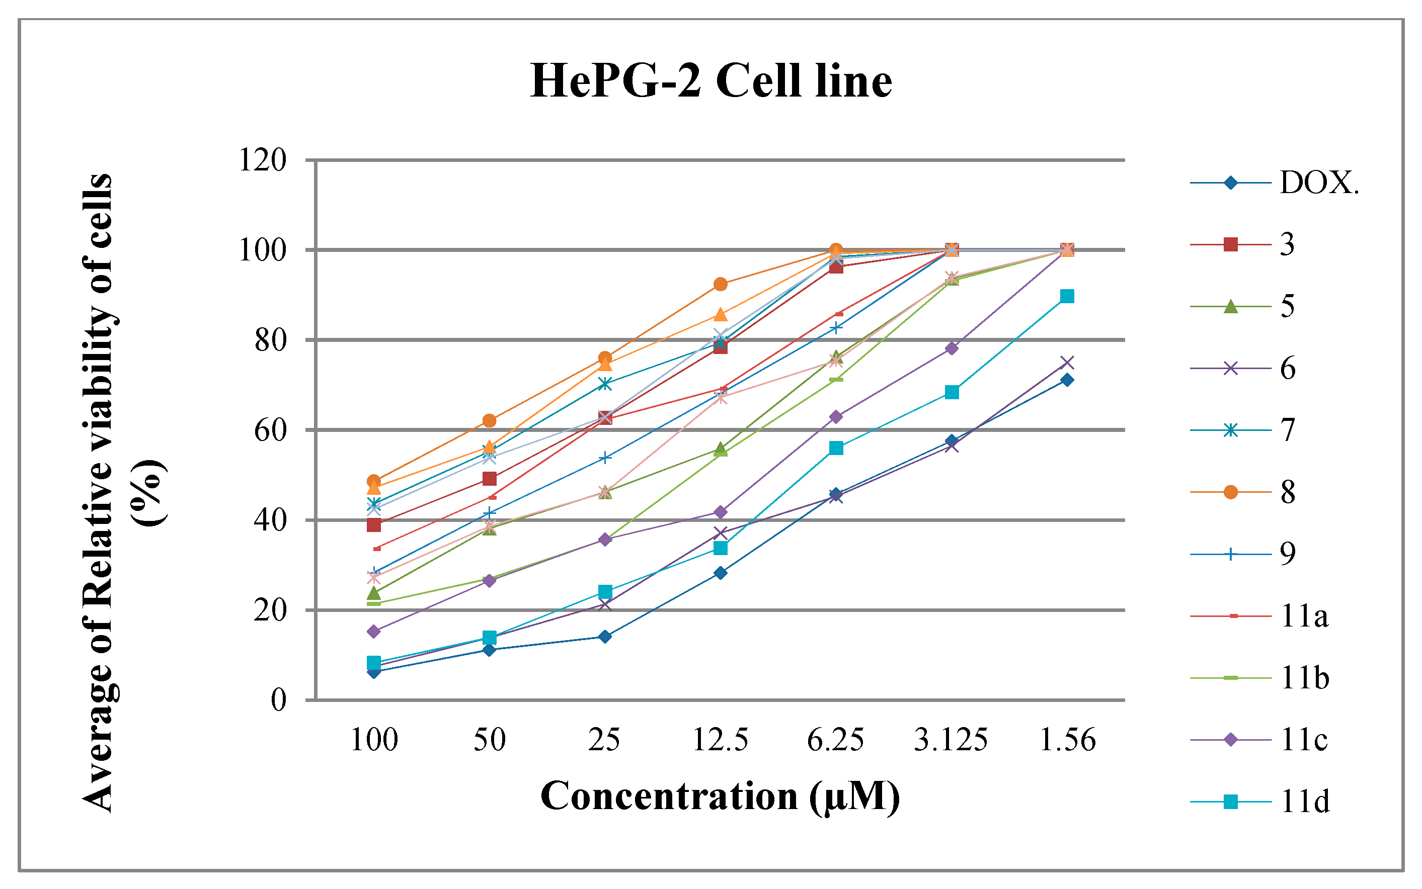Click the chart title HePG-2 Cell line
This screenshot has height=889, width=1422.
pyautogui.click(x=710, y=80)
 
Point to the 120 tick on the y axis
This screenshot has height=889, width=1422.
pyautogui.click(x=262, y=160)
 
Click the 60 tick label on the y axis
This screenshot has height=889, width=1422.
pyautogui.click(x=270, y=430)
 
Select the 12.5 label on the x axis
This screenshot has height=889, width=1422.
pyautogui.click(x=720, y=740)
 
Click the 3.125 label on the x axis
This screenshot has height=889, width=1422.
pyautogui.click(x=951, y=740)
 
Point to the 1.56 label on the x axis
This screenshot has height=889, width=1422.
pyautogui.click(x=1067, y=740)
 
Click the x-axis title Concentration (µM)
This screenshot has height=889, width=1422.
pyautogui.click(x=720, y=796)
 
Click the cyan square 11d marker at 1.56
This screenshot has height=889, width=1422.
pyautogui.click(x=1067, y=296)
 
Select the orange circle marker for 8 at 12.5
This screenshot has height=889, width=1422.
pyautogui.click(x=720, y=285)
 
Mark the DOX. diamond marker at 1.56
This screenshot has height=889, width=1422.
pyautogui.click(x=1067, y=380)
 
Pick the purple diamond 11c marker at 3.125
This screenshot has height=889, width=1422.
pyautogui.click(x=952, y=348)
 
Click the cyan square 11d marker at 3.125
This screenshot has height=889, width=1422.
pyautogui.click(x=952, y=392)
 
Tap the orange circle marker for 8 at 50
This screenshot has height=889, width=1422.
pyautogui.click(x=489, y=420)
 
